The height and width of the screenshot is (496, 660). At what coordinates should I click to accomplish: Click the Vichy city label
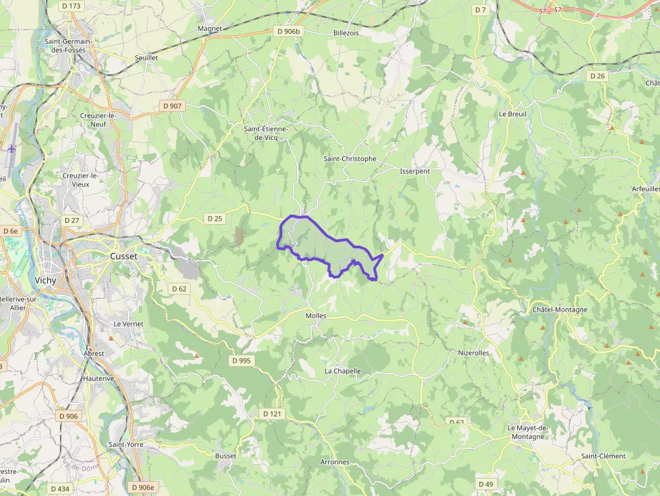45,280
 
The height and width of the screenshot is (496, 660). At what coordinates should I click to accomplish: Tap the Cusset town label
123,256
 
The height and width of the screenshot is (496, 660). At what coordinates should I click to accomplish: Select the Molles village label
315,316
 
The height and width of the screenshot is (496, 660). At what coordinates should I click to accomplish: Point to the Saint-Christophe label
350,159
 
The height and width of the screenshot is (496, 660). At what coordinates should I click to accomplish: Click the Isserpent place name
415,171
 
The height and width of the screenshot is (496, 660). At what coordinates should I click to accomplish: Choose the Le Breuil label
513,114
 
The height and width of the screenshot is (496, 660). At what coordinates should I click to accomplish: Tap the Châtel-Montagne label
560,310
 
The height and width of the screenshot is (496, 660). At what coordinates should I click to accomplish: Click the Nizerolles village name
473,353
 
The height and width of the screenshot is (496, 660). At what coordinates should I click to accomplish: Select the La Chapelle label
343,371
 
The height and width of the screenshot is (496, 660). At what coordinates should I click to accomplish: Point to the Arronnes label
335,462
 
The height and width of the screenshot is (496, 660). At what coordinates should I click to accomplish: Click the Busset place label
226,456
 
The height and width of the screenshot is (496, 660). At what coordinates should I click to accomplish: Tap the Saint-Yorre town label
125,444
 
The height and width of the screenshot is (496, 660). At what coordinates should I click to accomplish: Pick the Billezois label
346,32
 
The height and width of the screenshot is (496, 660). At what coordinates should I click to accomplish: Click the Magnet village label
209,29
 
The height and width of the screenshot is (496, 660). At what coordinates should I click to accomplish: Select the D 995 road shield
241,361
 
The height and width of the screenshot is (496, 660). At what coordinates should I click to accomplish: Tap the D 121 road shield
272,413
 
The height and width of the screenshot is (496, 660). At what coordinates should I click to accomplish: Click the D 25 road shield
215,218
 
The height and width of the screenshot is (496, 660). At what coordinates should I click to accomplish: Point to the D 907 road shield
172,106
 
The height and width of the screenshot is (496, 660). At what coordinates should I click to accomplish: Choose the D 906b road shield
290,31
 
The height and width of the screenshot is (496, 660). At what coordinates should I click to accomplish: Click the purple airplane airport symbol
12,148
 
